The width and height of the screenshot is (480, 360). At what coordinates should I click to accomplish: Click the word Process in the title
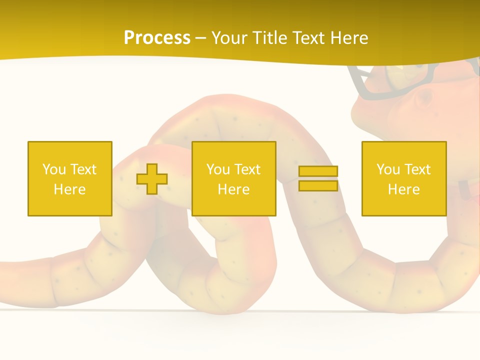coord(157,38)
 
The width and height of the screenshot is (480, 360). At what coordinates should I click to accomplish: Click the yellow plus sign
coord(152,179)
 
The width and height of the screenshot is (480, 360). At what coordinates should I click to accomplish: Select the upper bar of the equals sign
coord(318,171)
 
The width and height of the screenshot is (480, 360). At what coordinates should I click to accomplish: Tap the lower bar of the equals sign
coord(318,186)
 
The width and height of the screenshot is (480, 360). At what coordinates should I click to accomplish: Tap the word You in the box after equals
coord(388,169)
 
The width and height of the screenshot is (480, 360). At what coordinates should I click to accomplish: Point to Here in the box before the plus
coord(70,189)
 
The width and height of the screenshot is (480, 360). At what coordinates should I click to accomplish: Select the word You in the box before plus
coord(54,169)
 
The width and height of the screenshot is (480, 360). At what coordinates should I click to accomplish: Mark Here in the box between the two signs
coord(234,189)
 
